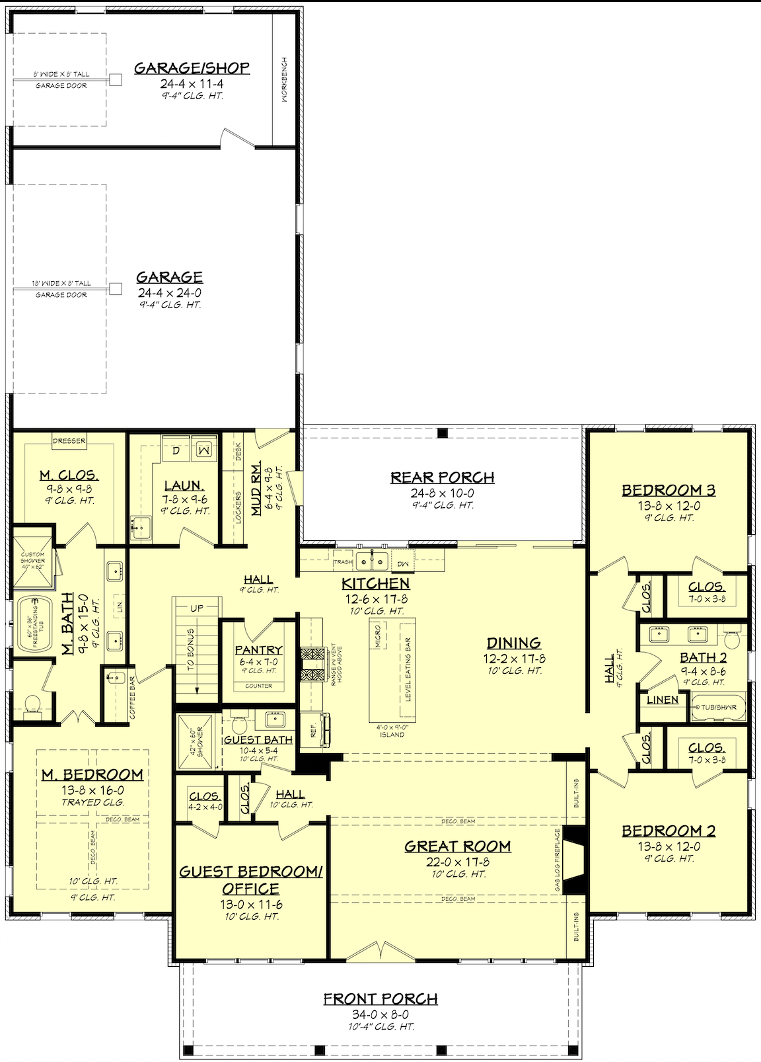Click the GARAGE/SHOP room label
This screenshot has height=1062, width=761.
(x=192, y=67)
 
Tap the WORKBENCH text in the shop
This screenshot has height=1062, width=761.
(x=285, y=79)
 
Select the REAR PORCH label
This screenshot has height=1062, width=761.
(x=442, y=477)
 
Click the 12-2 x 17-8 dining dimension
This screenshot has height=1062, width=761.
(x=514, y=659)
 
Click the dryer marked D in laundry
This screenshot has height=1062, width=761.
(x=176, y=451)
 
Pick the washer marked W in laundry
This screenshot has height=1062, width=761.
(x=204, y=450)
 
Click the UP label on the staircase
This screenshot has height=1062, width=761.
(x=197, y=608)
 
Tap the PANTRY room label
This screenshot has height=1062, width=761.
(x=258, y=650)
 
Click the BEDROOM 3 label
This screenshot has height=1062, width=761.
(x=668, y=490)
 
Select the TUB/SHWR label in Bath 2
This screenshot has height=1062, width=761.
(x=719, y=707)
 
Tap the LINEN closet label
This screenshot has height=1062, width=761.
(x=662, y=700)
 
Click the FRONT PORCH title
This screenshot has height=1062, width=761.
(x=380, y=999)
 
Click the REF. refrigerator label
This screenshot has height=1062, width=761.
(x=314, y=730)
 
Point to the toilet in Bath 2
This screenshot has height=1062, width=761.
(x=731, y=639)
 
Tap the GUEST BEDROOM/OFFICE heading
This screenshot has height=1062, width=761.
(x=250, y=879)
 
